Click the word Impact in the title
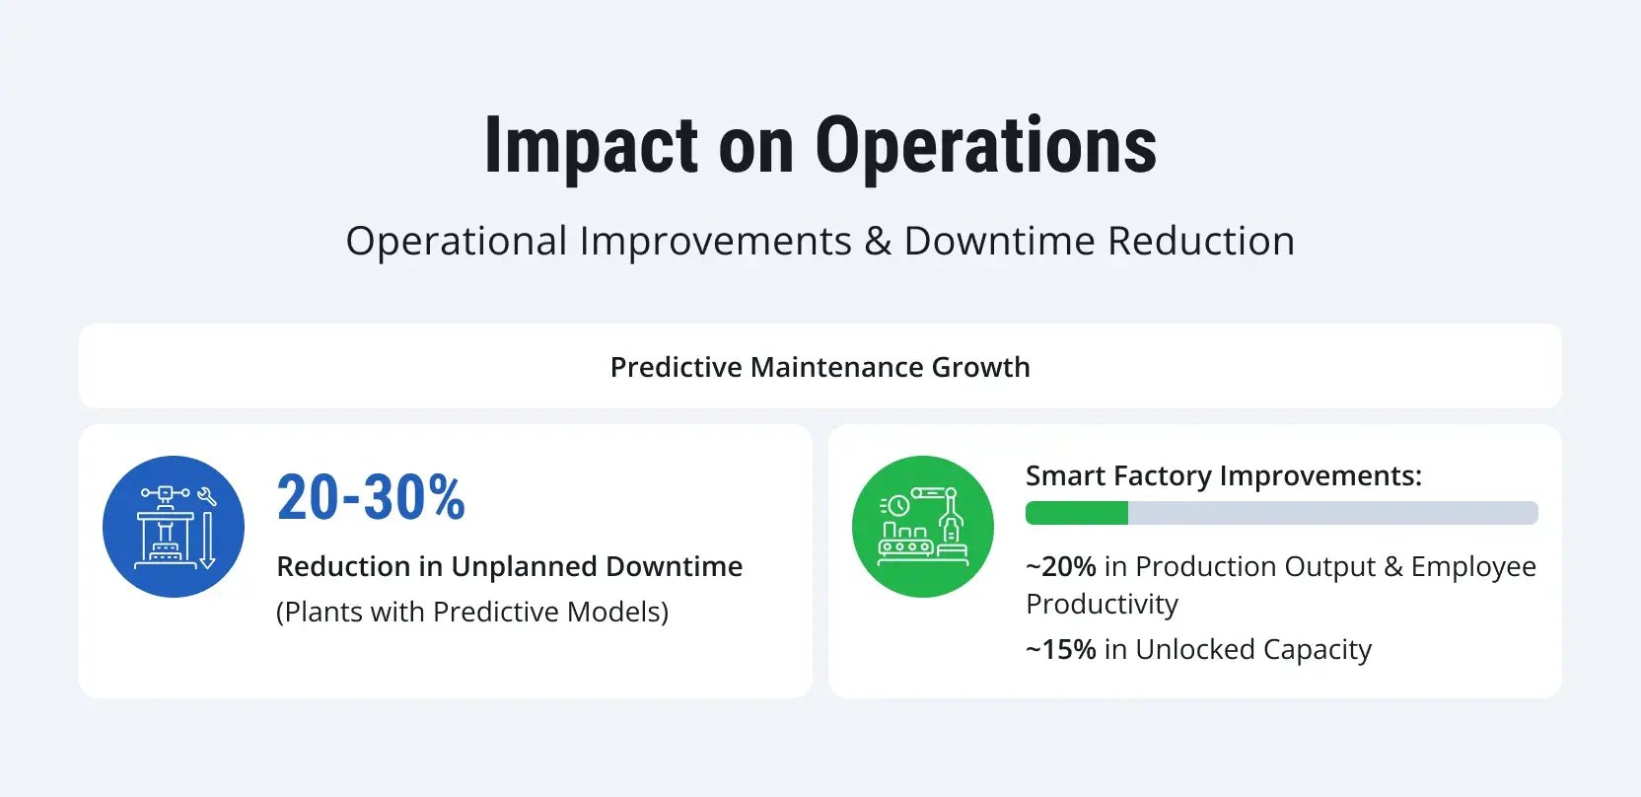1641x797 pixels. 590,146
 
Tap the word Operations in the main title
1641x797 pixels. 985,146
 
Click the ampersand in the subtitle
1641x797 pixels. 877,242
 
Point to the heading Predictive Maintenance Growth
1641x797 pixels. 820,367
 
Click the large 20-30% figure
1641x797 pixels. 371,497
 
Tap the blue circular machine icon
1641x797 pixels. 174,526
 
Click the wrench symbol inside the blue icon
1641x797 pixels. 207,497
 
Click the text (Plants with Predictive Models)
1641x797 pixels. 472,613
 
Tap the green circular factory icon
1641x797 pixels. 922,526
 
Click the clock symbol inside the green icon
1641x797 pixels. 898,506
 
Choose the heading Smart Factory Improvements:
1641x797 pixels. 1223,476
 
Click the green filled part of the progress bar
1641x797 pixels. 1076,513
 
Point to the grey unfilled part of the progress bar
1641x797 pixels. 1331,513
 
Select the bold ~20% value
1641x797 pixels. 1061,567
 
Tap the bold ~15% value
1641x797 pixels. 1061,650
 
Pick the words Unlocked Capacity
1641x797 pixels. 1252,650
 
